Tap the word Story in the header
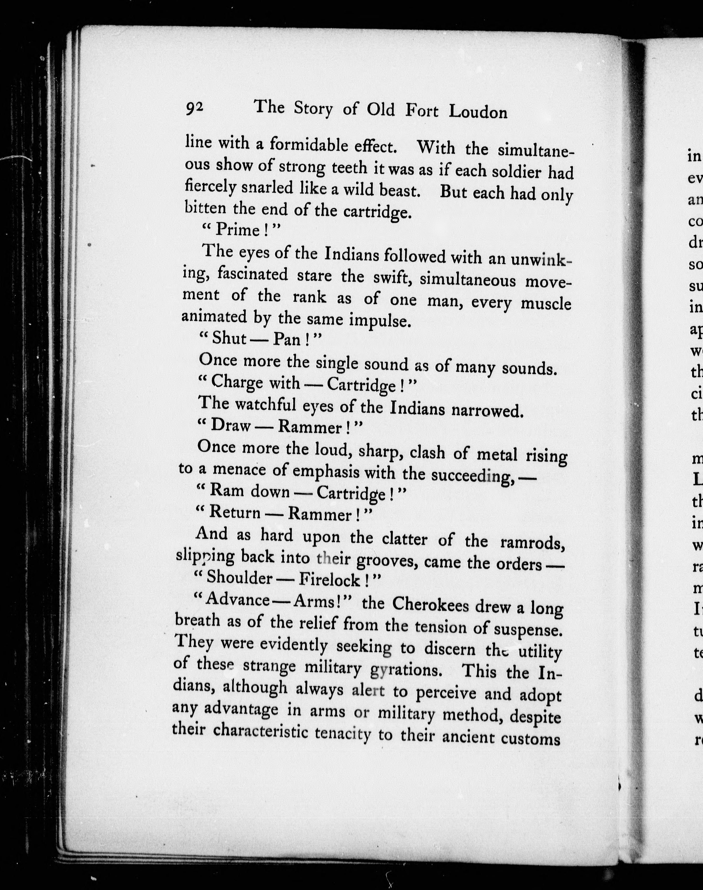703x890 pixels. pos(313,109)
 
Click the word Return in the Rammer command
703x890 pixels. pos(235,513)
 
